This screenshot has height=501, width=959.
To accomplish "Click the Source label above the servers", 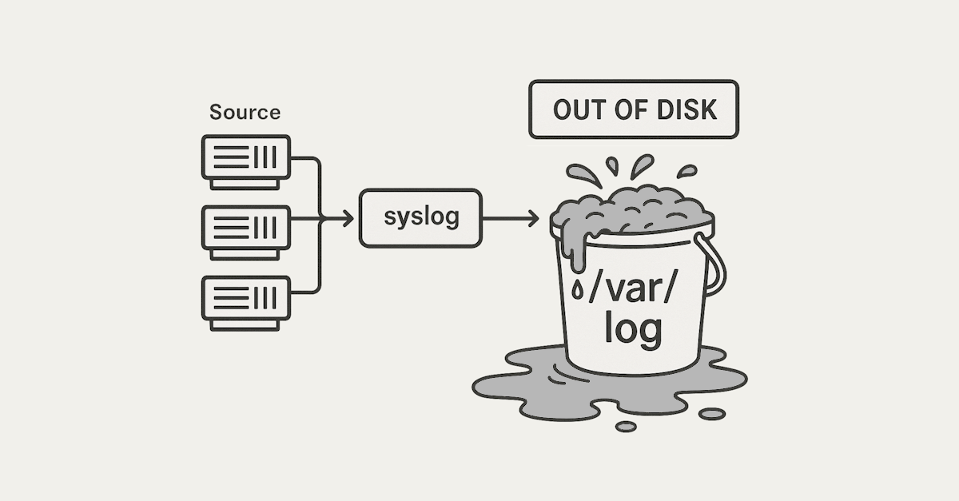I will tap(245, 112).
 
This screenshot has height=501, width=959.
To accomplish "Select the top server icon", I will tap(245, 157).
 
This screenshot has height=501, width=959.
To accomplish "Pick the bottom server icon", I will tap(245, 296).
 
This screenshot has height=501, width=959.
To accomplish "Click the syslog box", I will tap(420, 217).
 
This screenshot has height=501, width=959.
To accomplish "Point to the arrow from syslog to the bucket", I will tap(511, 217).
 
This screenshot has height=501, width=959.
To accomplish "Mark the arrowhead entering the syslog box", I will tap(347, 217).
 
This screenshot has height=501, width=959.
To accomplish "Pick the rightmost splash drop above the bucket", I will tap(686, 171).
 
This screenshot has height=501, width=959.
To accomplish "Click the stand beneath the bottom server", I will tap(245, 324).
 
